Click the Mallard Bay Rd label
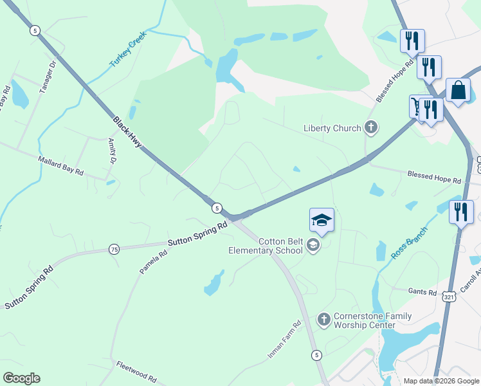point(61,164)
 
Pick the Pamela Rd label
point(154,262)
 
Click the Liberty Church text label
point(332,128)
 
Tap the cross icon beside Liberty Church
point(371,128)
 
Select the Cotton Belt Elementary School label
point(266,246)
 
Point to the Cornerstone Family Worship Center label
point(373,320)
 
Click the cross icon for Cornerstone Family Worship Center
point(323,318)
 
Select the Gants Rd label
point(422,291)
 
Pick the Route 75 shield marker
point(114,250)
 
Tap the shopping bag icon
point(459,91)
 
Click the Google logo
point(21,378)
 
